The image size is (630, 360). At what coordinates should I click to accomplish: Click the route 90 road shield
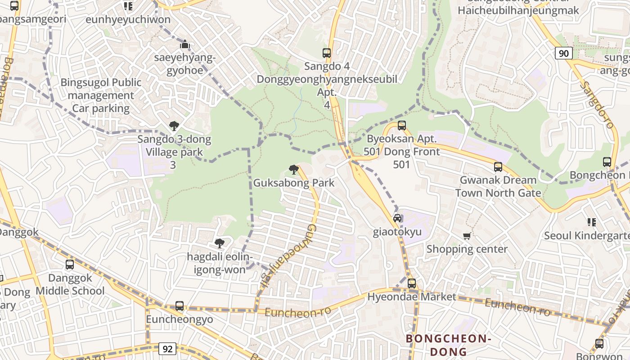pos(563,54)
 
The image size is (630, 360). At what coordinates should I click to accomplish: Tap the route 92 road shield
pos(167,349)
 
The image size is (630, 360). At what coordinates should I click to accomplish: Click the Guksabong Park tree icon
pos(294,170)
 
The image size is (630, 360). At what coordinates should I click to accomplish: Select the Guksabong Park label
pos(294,183)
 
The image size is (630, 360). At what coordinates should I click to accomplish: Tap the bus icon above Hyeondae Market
pos(412,283)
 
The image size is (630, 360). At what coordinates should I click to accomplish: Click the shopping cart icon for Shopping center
pos(467,236)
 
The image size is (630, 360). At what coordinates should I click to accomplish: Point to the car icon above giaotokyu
pos(397,218)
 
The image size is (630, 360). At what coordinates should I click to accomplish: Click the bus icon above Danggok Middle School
pos(70,265)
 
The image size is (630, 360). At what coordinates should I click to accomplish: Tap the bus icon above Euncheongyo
pos(180,306)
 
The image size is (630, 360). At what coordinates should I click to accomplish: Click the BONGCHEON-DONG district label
pos(447,345)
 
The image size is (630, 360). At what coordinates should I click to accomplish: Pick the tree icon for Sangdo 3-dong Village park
pos(174,126)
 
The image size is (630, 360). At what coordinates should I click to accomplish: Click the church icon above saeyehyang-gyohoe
pos(185,45)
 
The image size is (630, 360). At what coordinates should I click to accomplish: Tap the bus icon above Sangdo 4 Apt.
pos(327,53)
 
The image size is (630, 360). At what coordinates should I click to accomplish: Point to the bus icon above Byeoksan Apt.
pos(402,126)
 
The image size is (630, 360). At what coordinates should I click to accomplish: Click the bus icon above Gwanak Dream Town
pos(498,167)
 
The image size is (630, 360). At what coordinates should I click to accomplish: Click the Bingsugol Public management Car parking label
pos(101,95)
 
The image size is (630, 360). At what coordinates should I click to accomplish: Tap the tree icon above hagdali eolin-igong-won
pos(220,243)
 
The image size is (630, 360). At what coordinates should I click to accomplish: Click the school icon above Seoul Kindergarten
pos(592,222)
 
